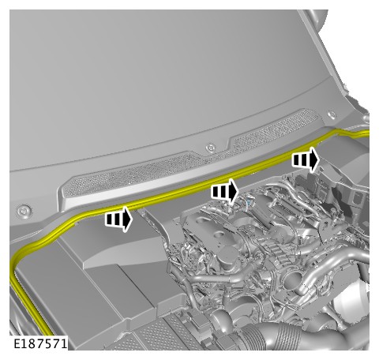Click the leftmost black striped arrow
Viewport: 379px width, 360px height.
(118, 219)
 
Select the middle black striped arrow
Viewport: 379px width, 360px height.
(224, 191)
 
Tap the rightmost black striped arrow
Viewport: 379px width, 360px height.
(306, 159)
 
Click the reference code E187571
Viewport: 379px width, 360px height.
(40, 343)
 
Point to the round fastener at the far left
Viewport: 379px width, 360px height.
(24, 211)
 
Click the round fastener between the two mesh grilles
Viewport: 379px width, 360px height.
(211, 148)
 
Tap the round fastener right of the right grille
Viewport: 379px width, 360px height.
(332, 115)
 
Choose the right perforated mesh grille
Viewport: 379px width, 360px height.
(276, 128)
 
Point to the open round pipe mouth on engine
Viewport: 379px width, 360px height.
(292, 281)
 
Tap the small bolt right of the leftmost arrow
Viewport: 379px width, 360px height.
(142, 212)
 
